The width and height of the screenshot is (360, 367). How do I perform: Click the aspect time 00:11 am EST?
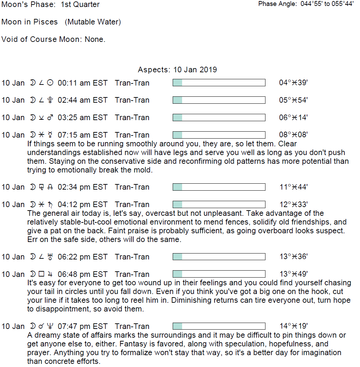(x=83, y=83)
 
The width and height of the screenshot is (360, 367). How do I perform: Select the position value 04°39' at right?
(x=293, y=83)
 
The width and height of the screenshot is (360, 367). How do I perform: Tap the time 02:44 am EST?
(x=83, y=100)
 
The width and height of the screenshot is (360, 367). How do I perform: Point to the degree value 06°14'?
(x=293, y=118)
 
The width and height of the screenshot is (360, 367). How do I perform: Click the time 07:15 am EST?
(x=83, y=135)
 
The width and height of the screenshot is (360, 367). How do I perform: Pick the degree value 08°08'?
(x=293, y=135)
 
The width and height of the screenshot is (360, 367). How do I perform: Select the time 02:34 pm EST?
(x=83, y=187)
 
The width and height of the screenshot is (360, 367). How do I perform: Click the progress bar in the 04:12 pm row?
(x=219, y=205)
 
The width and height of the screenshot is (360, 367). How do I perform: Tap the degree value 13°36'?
(x=293, y=257)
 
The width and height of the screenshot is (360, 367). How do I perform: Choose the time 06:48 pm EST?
(x=83, y=274)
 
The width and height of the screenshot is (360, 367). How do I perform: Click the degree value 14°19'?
(x=293, y=326)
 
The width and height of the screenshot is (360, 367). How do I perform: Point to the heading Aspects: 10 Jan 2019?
(x=177, y=69)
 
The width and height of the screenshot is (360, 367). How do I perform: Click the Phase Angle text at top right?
(x=306, y=4)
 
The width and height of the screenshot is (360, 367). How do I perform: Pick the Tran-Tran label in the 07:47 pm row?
(x=132, y=326)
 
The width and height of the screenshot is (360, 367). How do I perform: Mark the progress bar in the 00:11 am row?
(x=219, y=83)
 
